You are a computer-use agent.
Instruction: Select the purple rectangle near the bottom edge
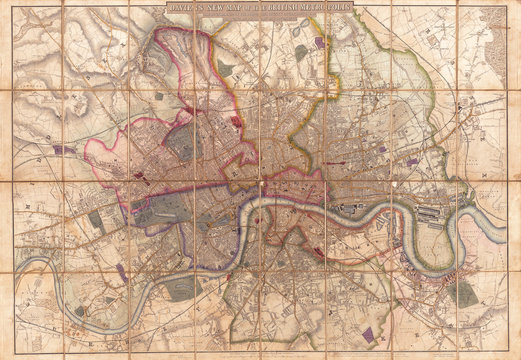point(369,336)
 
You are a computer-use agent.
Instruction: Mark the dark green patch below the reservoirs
point(301,53)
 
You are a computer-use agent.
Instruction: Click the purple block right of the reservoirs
point(320,43)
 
